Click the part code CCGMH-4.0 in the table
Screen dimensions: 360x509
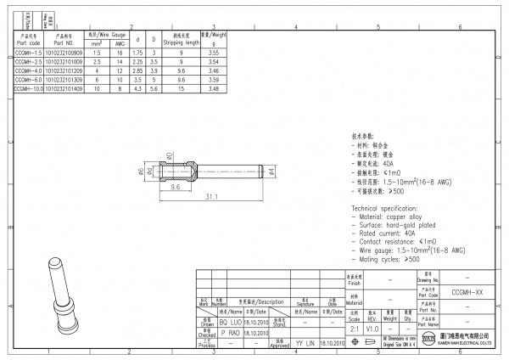point(28,72)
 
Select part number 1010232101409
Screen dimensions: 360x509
point(64,87)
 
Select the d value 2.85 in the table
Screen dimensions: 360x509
point(138,72)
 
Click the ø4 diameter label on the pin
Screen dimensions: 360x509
point(271,172)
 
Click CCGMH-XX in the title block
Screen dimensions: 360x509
point(468,291)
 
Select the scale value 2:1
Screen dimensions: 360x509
point(354,327)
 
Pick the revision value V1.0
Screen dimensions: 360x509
point(372,327)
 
